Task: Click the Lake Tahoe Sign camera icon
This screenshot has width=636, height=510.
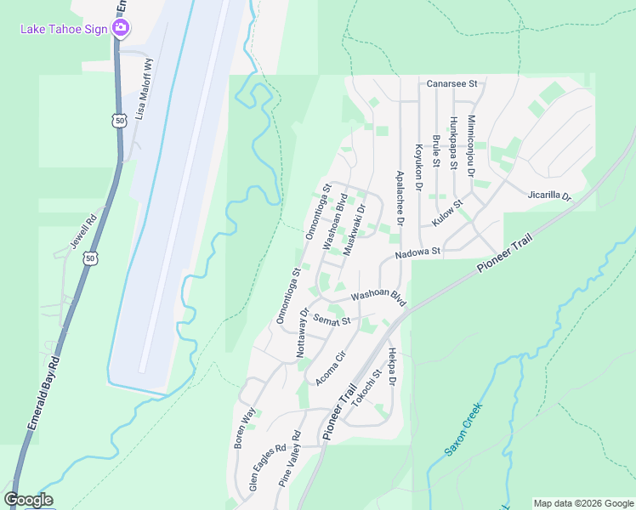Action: click(119, 28)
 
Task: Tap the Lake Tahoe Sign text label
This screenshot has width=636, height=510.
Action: click(65, 29)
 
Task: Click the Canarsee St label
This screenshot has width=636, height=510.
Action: click(452, 84)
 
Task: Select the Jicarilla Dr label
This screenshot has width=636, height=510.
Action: click(549, 195)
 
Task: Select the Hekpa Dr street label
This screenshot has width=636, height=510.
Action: click(392, 365)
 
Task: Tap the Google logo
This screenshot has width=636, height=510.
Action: click(28, 500)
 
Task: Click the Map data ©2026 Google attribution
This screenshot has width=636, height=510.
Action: click(583, 503)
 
